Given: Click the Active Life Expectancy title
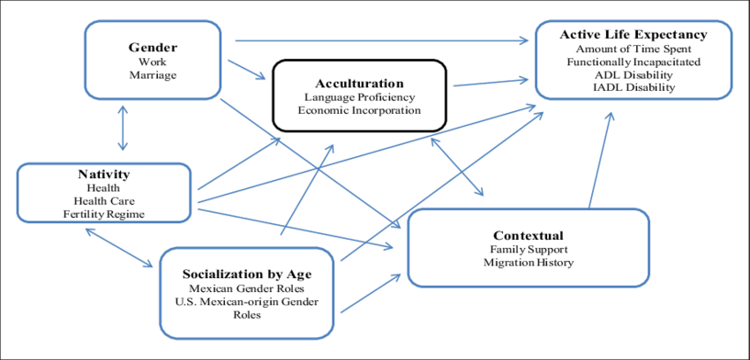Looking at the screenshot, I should [634, 34].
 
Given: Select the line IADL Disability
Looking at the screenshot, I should [634, 87].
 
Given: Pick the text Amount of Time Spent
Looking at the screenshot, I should [634, 48].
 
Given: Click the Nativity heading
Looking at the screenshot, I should [103, 175].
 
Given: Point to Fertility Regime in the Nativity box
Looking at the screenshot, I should [103, 214].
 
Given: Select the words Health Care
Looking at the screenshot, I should [103, 201].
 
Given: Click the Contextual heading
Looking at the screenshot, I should [529, 236].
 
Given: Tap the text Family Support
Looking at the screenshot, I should [529, 250].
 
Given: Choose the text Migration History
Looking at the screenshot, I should [529, 263].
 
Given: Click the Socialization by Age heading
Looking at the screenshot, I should [246, 274].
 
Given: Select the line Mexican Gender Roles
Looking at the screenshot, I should [246, 289].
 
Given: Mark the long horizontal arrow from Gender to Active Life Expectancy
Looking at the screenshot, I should [379, 40].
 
